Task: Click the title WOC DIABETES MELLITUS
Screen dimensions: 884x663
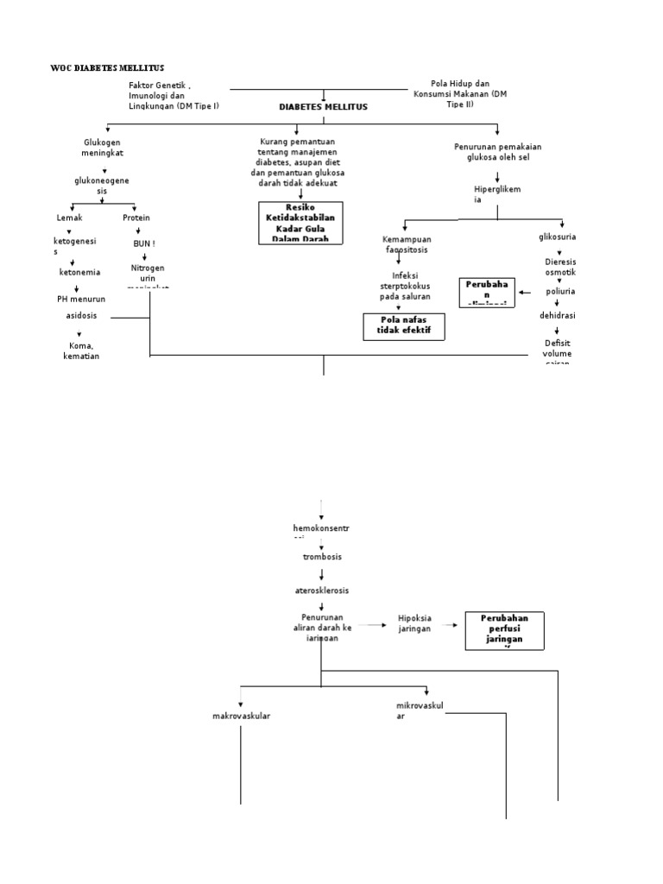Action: point(107,68)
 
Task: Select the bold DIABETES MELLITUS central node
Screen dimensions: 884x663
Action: point(323,106)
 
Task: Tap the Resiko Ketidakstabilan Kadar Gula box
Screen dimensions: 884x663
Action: point(300,223)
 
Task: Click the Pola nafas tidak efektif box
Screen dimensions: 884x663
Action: point(403,326)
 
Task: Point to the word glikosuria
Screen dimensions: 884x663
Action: point(557,237)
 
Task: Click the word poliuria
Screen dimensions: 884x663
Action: point(559,292)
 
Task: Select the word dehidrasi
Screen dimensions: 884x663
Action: point(557,316)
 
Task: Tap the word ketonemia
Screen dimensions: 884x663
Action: point(79,272)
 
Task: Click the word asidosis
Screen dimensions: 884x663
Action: point(82,316)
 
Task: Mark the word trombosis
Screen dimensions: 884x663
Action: point(321,557)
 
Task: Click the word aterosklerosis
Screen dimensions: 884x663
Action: point(321,590)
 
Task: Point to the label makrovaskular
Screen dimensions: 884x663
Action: point(242,716)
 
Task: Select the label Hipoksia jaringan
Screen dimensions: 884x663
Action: point(414,624)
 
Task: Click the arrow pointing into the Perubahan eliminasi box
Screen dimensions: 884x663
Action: point(524,293)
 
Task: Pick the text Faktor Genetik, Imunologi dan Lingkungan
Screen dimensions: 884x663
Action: point(174,95)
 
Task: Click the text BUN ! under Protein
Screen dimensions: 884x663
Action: point(143,243)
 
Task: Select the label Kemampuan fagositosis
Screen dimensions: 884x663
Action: point(406,243)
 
